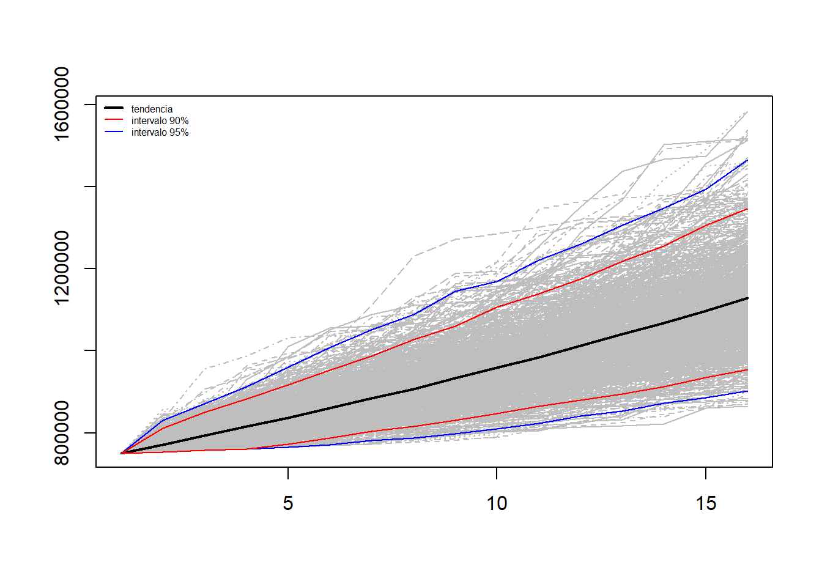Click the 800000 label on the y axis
pos(61,433)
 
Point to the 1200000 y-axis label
pos(61,268)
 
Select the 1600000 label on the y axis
pos(61,104)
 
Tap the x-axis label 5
pos(288,503)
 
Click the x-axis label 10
pos(497,503)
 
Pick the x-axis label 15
pos(706,503)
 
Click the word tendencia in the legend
pos(152,109)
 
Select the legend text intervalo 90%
pos(160,121)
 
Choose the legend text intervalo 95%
pos(160,133)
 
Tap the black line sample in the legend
pos(114,109)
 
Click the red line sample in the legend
pos(114,120)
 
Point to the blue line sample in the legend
pos(114,132)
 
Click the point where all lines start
pos(122,453)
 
